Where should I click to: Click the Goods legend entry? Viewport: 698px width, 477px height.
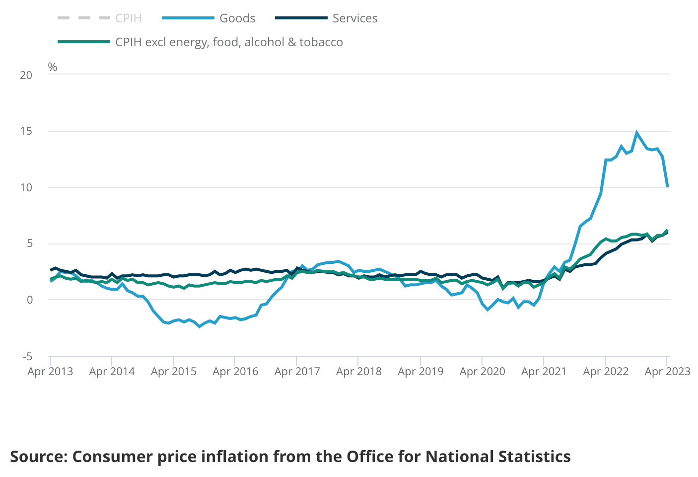click(237, 18)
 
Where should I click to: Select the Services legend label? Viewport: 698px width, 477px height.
click(354, 18)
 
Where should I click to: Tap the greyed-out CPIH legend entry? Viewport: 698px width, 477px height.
click(128, 18)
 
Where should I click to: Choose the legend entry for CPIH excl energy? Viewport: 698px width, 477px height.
click(228, 42)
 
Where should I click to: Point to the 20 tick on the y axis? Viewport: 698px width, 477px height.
click(26, 75)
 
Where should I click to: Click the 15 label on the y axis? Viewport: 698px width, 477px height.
click(26, 131)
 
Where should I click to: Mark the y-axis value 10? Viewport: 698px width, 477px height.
click(26, 187)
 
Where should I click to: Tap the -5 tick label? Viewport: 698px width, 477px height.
click(27, 356)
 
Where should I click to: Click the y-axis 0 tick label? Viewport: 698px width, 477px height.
click(30, 300)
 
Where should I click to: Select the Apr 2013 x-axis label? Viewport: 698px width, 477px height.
click(50, 372)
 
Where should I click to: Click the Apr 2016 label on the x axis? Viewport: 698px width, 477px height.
click(235, 372)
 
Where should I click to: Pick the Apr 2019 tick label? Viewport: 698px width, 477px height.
click(420, 372)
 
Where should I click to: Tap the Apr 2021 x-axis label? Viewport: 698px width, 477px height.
click(544, 372)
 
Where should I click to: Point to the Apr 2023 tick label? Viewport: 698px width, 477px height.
click(667, 372)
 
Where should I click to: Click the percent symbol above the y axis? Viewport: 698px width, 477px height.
click(53, 67)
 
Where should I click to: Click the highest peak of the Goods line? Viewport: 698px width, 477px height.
click(636, 133)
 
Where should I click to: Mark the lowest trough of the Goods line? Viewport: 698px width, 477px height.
click(200, 326)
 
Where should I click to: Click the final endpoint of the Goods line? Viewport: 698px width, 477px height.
click(668, 186)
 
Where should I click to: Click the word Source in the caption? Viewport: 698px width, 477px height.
click(39, 456)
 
